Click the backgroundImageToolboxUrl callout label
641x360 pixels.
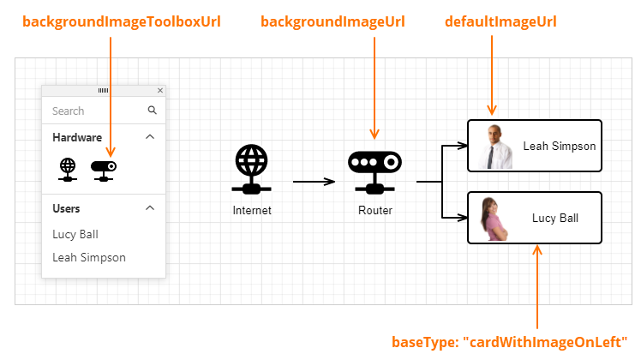[x=110, y=21]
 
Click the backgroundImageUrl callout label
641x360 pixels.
[x=333, y=21]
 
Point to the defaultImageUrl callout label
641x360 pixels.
[x=500, y=21]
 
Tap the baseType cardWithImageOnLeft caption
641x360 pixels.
[x=510, y=340]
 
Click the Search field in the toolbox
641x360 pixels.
[x=94, y=111]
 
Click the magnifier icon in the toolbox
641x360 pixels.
[x=153, y=110]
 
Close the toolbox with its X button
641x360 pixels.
[x=160, y=90]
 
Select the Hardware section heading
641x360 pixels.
[x=77, y=137]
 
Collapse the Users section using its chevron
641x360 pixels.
[x=150, y=207]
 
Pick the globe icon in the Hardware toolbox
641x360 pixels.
[x=68, y=169]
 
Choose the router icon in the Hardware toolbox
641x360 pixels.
[x=104, y=169]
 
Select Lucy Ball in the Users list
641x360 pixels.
[x=75, y=234]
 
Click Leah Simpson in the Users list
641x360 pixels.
[x=89, y=257]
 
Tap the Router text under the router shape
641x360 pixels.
[x=375, y=210]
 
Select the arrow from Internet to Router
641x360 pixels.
[x=314, y=182]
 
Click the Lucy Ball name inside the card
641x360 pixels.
[x=555, y=218]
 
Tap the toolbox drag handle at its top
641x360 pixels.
[x=103, y=90]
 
